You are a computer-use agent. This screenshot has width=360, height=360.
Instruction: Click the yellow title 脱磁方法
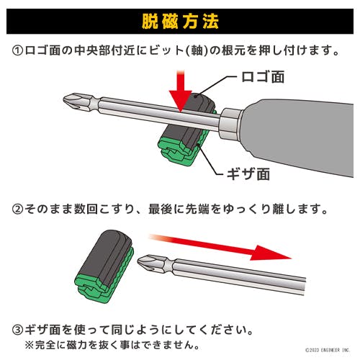click(x=180, y=22)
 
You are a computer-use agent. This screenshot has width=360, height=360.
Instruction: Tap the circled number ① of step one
click(x=17, y=51)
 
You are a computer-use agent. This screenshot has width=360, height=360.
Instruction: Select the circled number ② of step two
click(x=17, y=210)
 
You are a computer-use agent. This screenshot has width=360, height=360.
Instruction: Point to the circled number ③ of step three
click(x=17, y=330)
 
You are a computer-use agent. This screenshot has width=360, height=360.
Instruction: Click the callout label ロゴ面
click(x=263, y=77)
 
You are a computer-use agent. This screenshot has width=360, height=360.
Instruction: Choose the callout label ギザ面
click(x=248, y=174)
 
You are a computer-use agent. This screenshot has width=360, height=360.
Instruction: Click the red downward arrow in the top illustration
click(x=181, y=91)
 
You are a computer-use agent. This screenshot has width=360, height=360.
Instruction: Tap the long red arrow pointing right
click(x=220, y=247)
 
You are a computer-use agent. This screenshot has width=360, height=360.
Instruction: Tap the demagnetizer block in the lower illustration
click(x=104, y=266)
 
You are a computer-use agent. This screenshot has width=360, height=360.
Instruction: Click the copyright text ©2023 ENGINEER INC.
click(x=328, y=350)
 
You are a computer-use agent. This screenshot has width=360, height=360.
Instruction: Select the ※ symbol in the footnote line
click(x=30, y=345)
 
